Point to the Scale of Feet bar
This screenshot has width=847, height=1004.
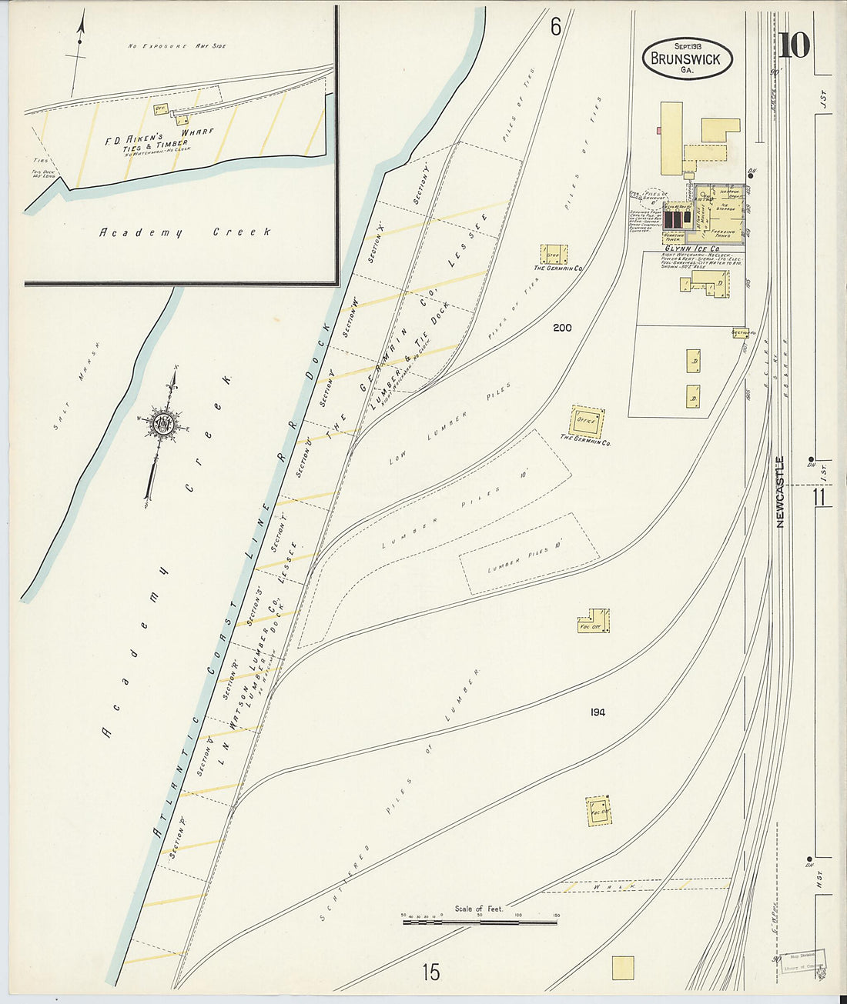(x=480, y=921)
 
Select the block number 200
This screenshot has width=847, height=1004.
(x=562, y=328)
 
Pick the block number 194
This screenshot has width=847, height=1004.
(x=598, y=712)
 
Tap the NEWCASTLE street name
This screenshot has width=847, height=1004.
(x=781, y=492)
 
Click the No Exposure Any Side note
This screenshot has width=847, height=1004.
(x=176, y=46)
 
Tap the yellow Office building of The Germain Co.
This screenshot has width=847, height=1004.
(x=587, y=421)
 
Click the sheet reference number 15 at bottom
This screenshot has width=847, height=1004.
(x=430, y=972)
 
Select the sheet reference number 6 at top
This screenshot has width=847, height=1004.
(x=555, y=26)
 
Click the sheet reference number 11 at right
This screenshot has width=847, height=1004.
(x=819, y=498)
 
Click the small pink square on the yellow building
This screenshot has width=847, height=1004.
(x=659, y=132)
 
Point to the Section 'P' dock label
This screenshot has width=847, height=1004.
(x=178, y=842)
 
